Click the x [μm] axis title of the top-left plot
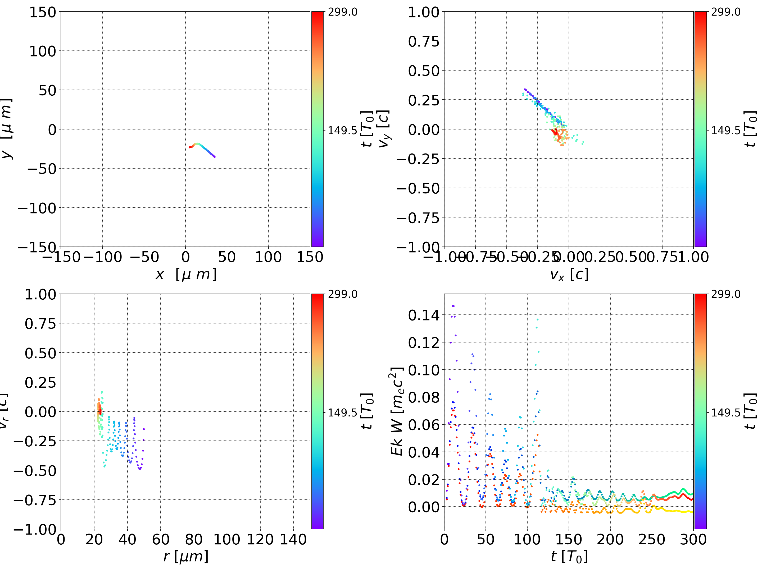186,274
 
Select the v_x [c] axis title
569,274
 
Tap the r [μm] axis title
186,557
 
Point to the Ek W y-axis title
397,411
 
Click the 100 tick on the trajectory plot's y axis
42,51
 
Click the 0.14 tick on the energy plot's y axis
424,315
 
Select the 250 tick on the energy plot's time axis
651,539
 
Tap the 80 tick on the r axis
194,539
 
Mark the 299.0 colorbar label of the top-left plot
342,12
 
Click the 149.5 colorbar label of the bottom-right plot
725,412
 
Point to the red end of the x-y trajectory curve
189,147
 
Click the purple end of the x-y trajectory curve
215,157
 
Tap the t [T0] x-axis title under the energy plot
569,557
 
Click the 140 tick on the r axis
293,539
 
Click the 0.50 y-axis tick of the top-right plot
424,71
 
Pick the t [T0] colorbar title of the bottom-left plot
367,411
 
